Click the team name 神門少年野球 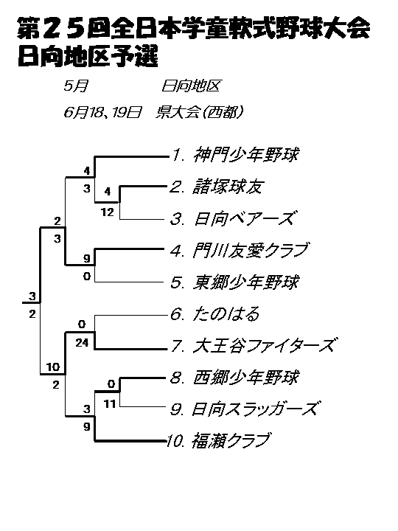coord(246,155)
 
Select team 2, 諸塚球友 coord(228,187)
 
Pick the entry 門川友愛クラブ coord(251,250)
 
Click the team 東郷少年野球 coord(246,282)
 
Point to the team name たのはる coord(226,314)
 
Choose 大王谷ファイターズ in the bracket coord(264,346)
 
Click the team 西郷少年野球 coord(246,378)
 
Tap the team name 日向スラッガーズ coord(255,409)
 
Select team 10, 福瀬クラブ coord(231,441)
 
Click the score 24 coord(82,343)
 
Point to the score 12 coord(108,212)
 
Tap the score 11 coord(110,403)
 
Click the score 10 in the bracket coord(53,367)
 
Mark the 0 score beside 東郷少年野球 coord(87,277)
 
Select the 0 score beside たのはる coord(82,324)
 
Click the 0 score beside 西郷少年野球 coord(111,384)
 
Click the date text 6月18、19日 coord(102,112)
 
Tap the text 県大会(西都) coord(199,112)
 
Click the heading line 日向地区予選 coord(88,56)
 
